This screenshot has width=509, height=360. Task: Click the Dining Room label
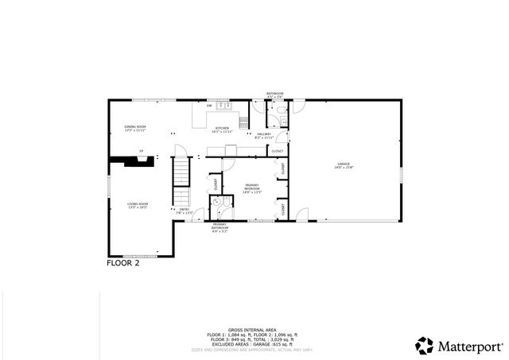134,128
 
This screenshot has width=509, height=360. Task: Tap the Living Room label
138,206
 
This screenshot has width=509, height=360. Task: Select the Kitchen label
222,128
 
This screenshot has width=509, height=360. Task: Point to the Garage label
344,165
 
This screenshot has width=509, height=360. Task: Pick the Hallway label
264,135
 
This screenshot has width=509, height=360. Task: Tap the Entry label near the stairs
185,211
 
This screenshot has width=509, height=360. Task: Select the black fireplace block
130,161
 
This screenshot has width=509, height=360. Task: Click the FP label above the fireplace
142,151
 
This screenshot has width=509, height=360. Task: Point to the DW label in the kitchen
209,106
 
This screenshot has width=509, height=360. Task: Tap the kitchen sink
224,106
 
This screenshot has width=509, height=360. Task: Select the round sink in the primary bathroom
215,203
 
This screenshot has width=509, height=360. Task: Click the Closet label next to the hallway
277,150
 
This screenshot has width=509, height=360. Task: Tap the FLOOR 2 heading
123,263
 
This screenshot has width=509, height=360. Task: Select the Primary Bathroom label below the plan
220,226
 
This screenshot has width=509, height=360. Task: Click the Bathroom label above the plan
274,94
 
